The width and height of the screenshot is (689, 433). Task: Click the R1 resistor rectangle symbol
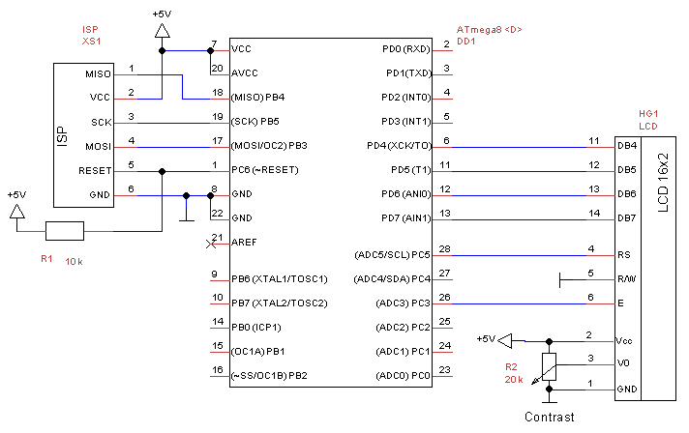click(x=65, y=230)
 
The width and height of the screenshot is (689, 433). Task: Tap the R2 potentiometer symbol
click(x=549, y=365)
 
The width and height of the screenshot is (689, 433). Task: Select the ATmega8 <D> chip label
click(x=489, y=30)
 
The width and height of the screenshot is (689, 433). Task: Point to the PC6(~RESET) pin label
click(x=264, y=170)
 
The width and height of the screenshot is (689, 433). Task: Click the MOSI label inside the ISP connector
click(x=99, y=147)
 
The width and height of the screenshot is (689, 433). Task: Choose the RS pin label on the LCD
click(x=623, y=255)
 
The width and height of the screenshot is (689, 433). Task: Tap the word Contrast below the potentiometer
click(x=549, y=418)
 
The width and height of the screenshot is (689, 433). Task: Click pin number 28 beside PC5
click(x=445, y=249)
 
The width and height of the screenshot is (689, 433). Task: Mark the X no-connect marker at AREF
click(x=211, y=243)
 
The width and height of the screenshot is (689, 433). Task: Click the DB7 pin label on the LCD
click(x=626, y=218)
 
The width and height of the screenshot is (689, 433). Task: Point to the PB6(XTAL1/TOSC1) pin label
click(x=280, y=279)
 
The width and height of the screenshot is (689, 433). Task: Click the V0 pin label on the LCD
click(x=623, y=365)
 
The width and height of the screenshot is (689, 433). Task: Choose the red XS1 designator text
click(x=92, y=43)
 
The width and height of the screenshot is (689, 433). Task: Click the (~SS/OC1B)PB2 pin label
click(x=269, y=375)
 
